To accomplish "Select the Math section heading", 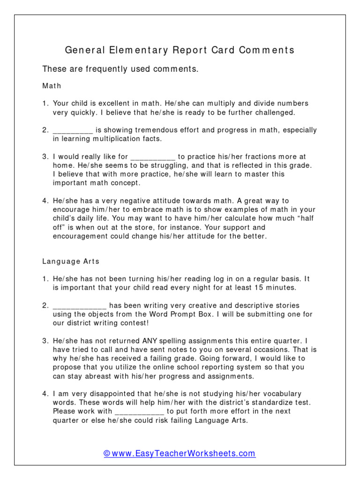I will (x=52, y=86).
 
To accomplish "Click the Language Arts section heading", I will (x=71, y=261).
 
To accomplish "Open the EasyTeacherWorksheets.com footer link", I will (x=180, y=453).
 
